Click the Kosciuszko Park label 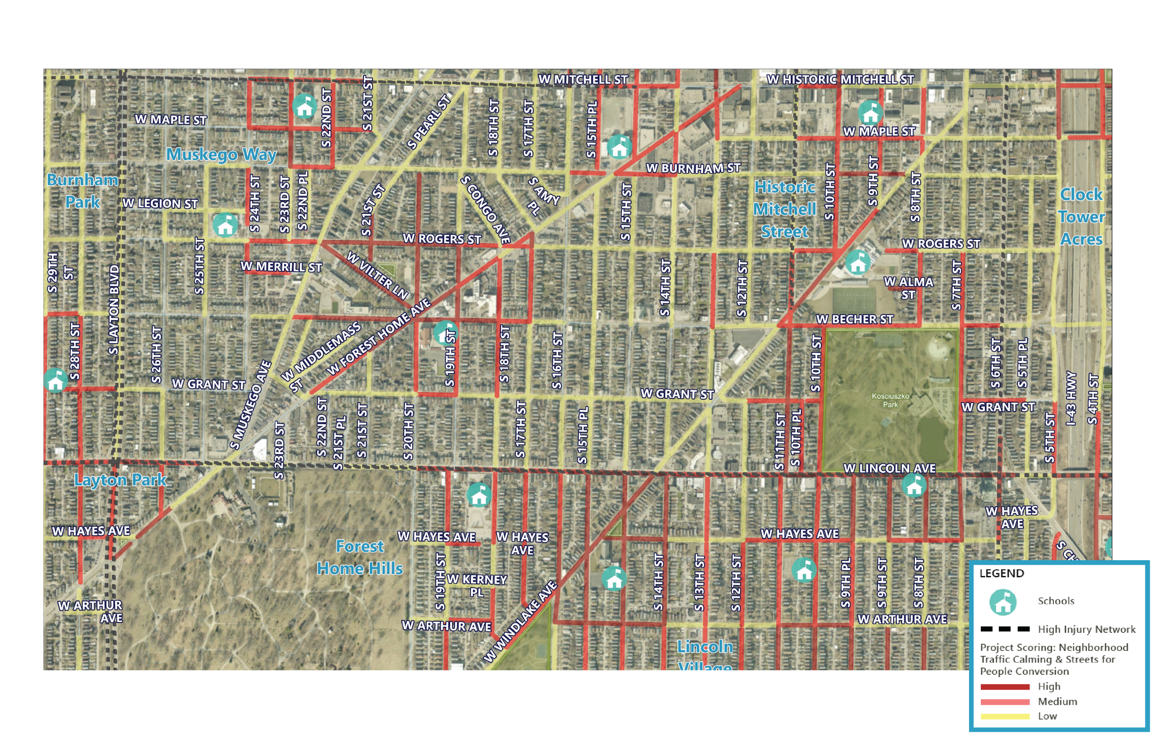[x=890, y=400]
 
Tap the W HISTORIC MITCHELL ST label [x=840, y=80]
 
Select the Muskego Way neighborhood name [x=221, y=154]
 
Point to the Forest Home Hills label [x=359, y=557]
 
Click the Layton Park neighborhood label [x=120, y=480]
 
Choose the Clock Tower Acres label [x=1081, y=216]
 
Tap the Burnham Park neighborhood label [x=83, y=191]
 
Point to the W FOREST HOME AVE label [x=379, y=337]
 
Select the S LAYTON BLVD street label [x=114, y=310]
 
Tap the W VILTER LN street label [x=378, y=275]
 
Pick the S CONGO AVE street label [x=485, y=209]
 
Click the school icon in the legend [x=1002, y=602]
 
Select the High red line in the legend [x=1005, y=687]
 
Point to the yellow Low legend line [x=1005, y=716]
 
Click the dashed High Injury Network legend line [x=1005, y=629]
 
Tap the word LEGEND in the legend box [x=1002, y=573]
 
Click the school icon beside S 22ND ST [x=304, y=106]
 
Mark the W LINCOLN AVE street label [x=889, y=468]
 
